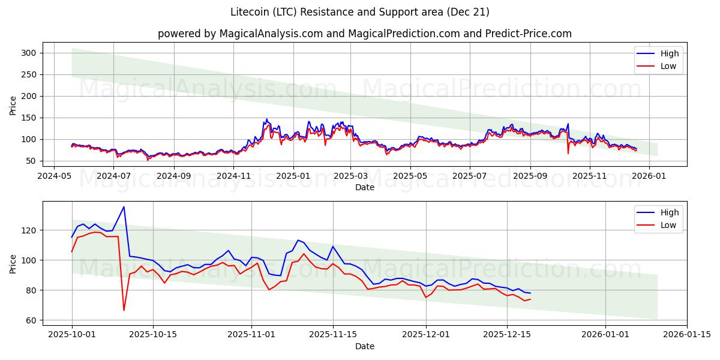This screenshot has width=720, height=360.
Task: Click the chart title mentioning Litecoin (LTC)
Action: coord(360,12)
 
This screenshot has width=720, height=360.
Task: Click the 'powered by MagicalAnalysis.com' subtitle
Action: coord(364,34)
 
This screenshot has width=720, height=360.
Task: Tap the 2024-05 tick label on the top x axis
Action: coord(55,176)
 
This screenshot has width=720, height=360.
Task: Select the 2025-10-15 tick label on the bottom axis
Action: coord(153,335)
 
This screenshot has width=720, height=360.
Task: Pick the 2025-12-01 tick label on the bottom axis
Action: coord(425,335)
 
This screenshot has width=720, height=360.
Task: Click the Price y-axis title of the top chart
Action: coord(13,105)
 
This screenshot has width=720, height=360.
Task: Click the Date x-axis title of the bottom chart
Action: coord(364,346)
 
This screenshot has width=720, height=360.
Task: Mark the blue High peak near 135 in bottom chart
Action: coord(124,207)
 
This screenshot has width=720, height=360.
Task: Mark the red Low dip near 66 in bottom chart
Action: coord(124,310)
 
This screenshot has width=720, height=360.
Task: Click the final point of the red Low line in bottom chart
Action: coord(530,299)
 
